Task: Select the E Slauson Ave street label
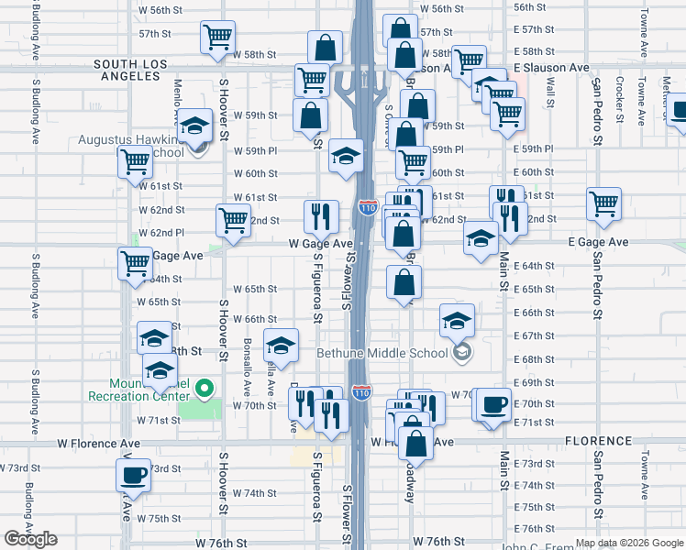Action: pos(551,68)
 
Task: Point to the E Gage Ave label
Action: pos(598,242)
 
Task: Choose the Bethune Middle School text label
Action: pos(382,353)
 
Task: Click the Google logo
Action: pos(30,539)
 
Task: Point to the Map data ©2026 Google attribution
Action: pos(628,543)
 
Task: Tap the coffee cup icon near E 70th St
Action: pos(493,404)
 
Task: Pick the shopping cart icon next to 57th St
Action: pos(218,38)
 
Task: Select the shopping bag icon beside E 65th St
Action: pos(404,281)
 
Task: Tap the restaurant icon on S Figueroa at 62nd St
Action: pos(321,216)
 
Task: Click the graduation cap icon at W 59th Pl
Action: pos(347,156)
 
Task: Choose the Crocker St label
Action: pos(621,98)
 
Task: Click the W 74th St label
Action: pos(254,493)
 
